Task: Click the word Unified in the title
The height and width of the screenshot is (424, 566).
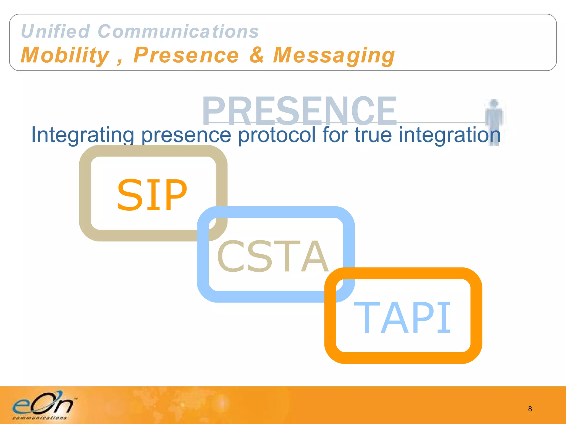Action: pyautogui.click(x=55, y=31)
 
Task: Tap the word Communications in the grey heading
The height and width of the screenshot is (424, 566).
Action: pyautogui.click(x=178, y=31)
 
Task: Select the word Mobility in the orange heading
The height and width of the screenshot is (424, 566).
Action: pyautogui.click(x=65, y=55)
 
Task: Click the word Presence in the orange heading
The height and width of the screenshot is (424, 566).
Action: pyautogui.click(x=186, y=55)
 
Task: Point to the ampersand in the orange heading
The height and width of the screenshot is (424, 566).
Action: pyautogui.click(x=257, y=55)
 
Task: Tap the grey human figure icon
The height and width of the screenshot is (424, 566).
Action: pyautogui.click(x=494, y=121)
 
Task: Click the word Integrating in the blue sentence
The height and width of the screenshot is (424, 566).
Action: pyautogui.click(x=82, y=135)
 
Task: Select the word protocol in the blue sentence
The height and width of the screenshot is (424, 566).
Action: pyautogui.click(x=277, y=135)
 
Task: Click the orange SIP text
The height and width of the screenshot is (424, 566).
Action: pyautogui.click(x=152, y=195)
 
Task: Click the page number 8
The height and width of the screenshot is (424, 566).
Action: pyautogui.click(x=530, y=409)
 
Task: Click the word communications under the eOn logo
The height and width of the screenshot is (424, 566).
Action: pyautogui.click(x=40, y=418)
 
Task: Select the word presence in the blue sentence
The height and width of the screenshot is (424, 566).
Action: pyautogui.click(x=186, y=135)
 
